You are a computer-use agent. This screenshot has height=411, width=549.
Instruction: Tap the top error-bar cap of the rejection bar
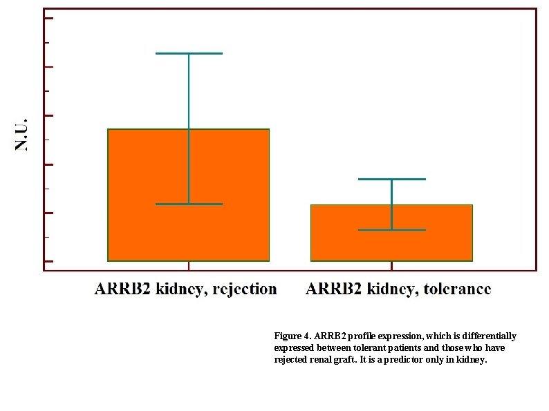coord(189,53)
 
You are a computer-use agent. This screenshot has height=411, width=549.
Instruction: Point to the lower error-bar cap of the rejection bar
coord(189,204)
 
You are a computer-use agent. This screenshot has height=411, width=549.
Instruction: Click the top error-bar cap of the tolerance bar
coord(391,179)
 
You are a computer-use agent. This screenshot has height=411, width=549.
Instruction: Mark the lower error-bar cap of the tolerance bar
coord(391,229)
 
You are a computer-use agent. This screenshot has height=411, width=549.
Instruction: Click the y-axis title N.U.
coord(23,134)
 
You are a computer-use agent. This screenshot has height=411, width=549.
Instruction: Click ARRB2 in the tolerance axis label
coord(329,289)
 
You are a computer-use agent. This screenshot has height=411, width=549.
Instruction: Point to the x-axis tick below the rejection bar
coord(189,266)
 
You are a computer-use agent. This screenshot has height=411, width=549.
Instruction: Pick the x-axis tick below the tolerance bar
coord(392,266)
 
